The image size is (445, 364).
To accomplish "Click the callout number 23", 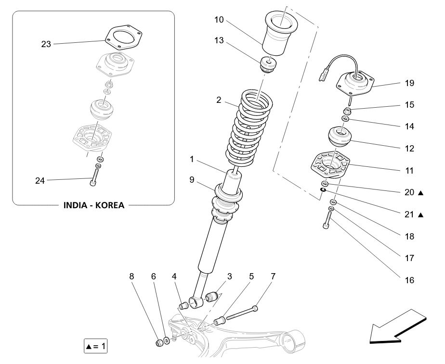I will pos(46,44).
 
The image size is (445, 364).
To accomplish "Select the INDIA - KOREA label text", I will pos(94,205).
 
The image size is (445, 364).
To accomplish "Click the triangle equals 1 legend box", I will pos(96,346).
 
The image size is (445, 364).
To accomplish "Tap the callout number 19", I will pos(409,83).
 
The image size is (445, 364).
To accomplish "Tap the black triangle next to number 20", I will pos(421,193).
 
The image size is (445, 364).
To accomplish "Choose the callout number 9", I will pos(192,180).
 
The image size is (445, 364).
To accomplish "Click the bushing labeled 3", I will pos(212,298).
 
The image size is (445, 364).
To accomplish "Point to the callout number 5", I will pos(251,276).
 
